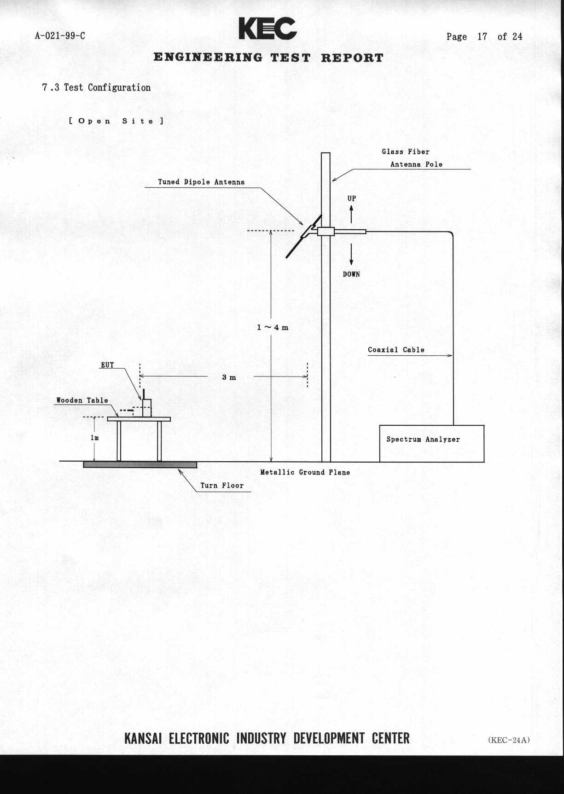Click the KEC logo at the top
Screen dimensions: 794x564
pyautogui.click(x=267, y=29)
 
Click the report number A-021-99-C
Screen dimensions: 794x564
pyautogui.click(x=60, y=36)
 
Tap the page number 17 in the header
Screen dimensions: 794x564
pyautogui.click(x=482, y=37)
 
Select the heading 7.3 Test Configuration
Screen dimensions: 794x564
pyautogui.click(x=96, y=87)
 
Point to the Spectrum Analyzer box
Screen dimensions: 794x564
pyautogui.click(x=431, y=443)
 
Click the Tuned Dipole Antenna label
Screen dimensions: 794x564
pyautogui.click(x=201, y=182)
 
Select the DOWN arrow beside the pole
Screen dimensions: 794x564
pyautogui.click(x=351, y=255)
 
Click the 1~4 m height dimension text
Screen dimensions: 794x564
pyautogui.click(x=273, y=327)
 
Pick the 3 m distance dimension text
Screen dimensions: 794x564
pyautogui.click(x=229, y=377)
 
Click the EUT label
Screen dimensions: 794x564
pyautogui.click(x=107, y=365)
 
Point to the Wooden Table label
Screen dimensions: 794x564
pyautogui.click(x=82, y=400)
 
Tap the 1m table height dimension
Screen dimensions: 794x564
pyautogui.click(x=94, y=438)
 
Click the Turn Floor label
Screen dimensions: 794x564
pyautogui.click(x=222, y=486)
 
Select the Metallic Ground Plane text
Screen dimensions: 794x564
pyautogui.click(x=305, y=472)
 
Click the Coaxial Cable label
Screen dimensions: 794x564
pyautogui.click(x=396, y=350)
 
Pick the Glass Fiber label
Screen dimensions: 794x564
pyautogui.click(x=405, y=152)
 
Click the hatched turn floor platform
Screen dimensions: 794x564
pyautogui.click(x=140, y=465)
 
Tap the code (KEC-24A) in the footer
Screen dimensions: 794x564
pyautogui.click(x=509, y=740)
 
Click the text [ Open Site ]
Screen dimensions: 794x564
pyautogui.click(x=116, y=121)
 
